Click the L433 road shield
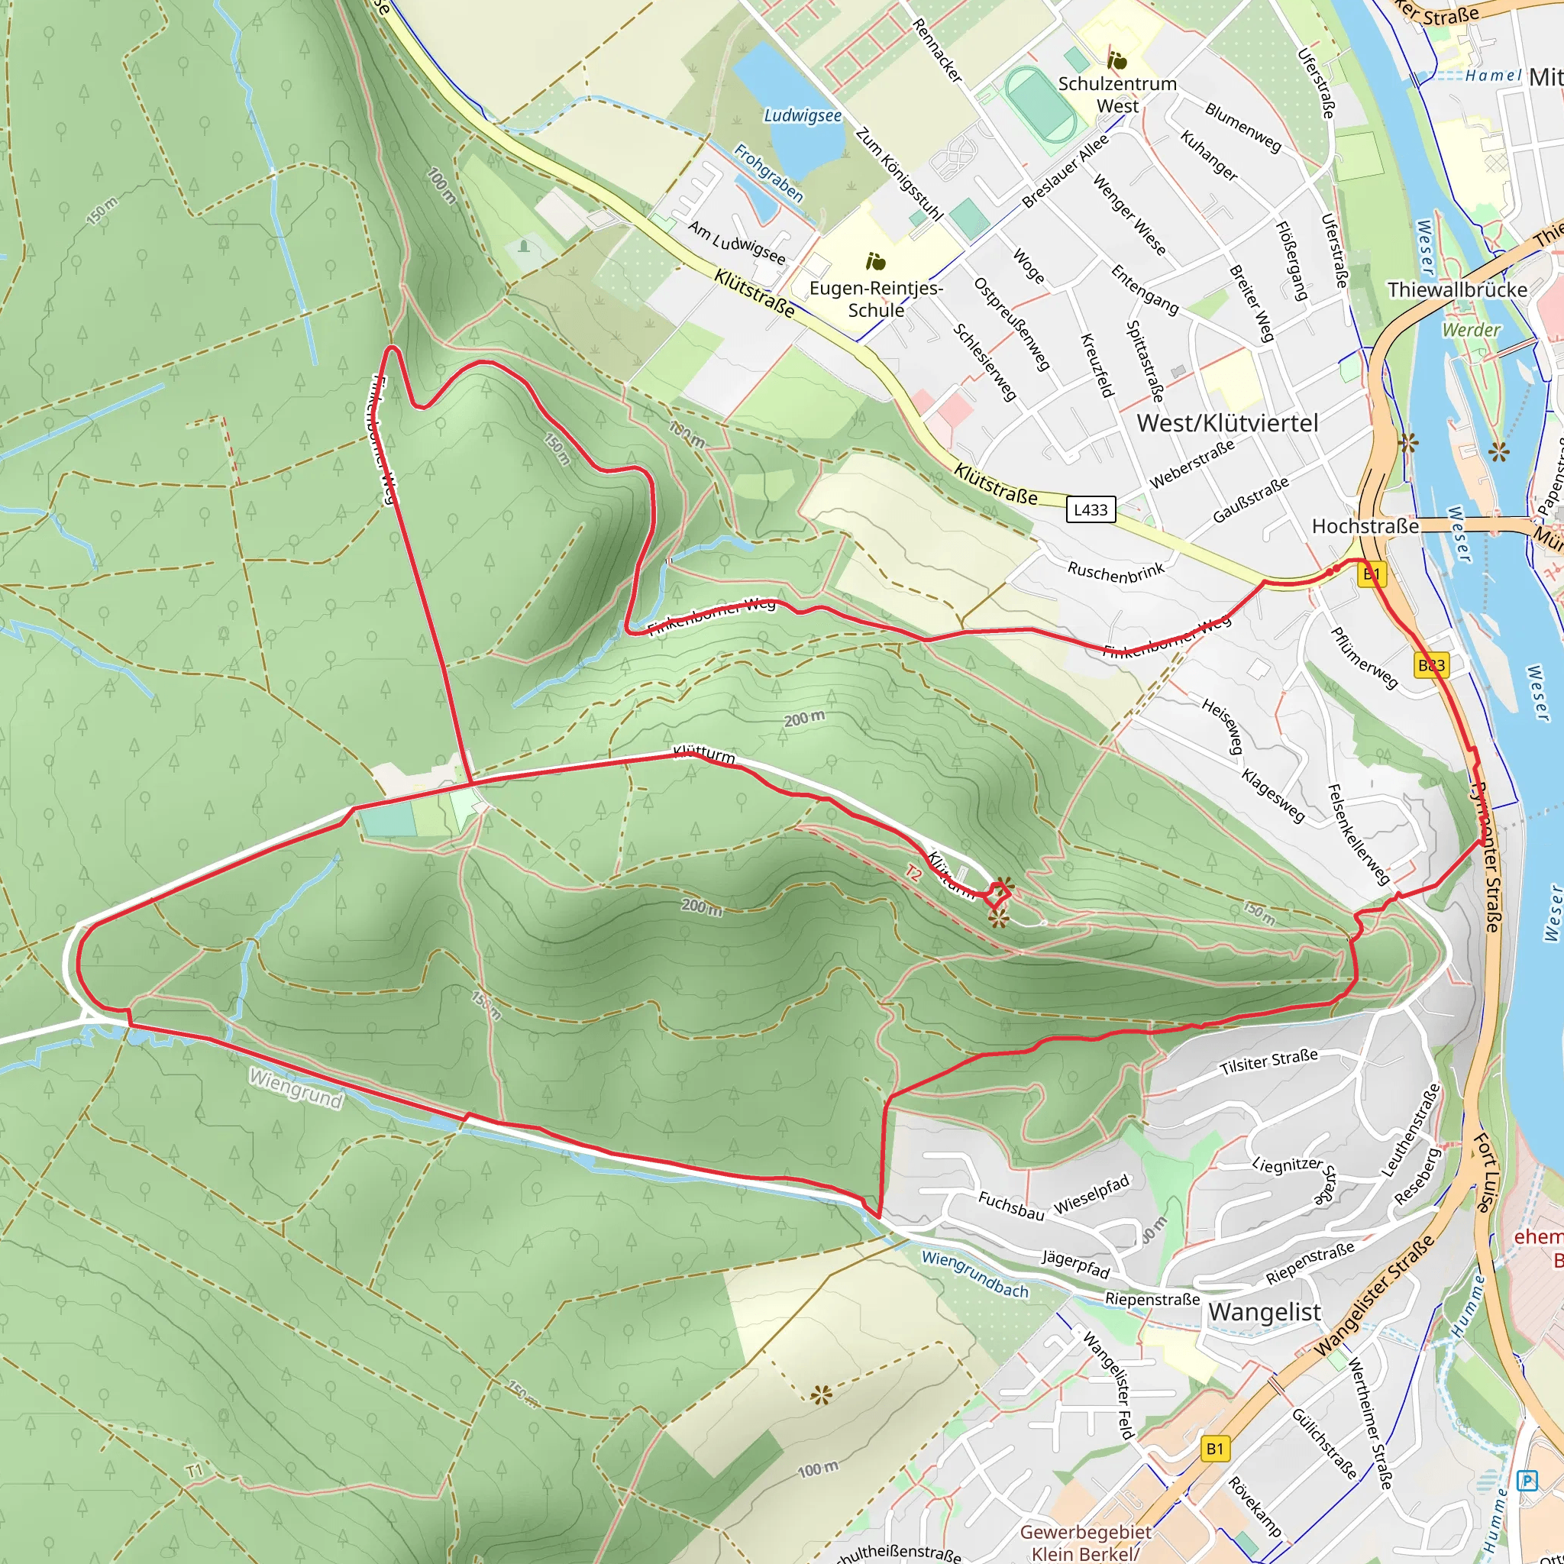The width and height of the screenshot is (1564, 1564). click(x=1090, y=509)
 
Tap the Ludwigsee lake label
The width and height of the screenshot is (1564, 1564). click(x=803, y=116)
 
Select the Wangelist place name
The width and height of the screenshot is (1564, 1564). click(x=1264, y=1312)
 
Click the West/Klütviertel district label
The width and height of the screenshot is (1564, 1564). click(x=1226, y=422)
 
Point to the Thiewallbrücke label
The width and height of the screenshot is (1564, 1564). click(x=1456, y=289)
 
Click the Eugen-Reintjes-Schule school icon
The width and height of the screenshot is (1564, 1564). click(x=875, y=261)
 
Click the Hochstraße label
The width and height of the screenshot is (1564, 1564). click(x=1365, y=526)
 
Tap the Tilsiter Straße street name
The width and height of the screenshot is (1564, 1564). click(x=1268, y=1062)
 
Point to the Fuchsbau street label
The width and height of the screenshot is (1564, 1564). click(x=1010, y=1205)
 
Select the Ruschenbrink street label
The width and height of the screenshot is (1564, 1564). click(x=1115, y=570)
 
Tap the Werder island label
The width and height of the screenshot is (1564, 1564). click(x=1471, y=329)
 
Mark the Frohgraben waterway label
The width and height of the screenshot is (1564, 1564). click(x=767, y=173)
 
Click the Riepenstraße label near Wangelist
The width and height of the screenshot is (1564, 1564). click(x=1152, y=1299)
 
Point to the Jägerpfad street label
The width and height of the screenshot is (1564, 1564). click(x=1074, y=1264)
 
